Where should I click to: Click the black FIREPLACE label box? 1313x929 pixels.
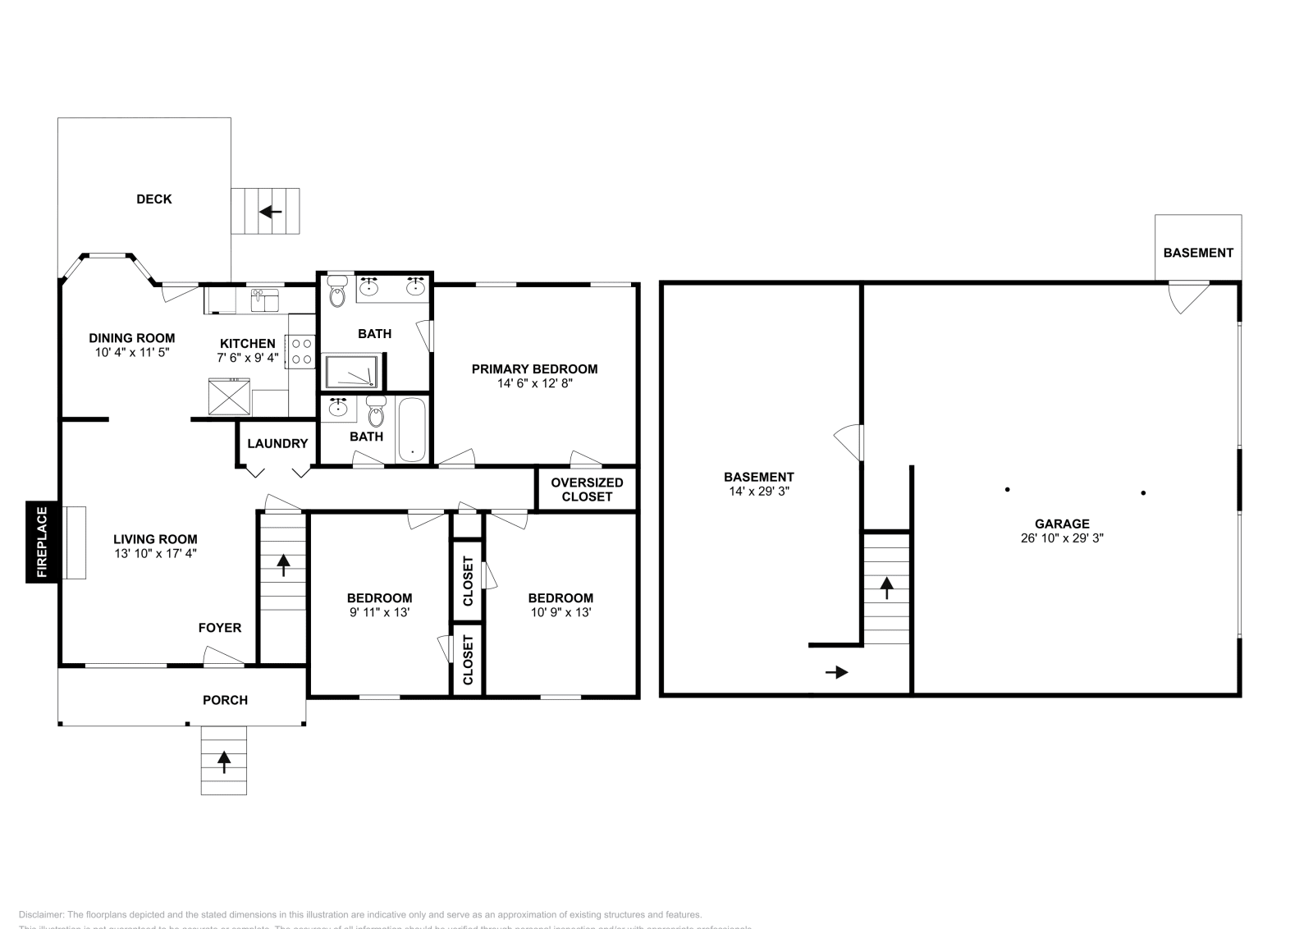click(x=42, y=542)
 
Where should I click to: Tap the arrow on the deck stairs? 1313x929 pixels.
click(x=270, y=212)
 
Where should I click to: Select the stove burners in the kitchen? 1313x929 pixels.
click(x=301, y=351)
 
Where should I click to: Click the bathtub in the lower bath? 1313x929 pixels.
click(x=412, y=429)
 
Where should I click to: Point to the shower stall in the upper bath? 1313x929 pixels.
click(x=352, y=371)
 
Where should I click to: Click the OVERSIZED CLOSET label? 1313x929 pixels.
click(x=587, y=489)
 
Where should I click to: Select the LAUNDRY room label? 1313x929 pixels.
click(x=277, y=443)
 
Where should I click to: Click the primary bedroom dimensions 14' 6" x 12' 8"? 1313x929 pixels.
click(x=534, y=383)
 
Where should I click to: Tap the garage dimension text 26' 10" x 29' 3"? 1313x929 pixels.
click(x=1062, y=538)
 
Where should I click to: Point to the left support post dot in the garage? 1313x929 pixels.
click(x=1008, y=490)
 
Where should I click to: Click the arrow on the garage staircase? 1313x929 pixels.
click(x=886, y=588)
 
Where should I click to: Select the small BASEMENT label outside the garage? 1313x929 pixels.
click(x=1197, y=253)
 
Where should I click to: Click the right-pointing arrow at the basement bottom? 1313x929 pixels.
click(x=836, y=673)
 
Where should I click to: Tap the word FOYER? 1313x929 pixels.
click(x=220, y=628)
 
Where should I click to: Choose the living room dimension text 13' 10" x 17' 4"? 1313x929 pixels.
click(x=155, y=554)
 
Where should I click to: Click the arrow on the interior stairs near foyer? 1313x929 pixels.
click(x=283, y=565)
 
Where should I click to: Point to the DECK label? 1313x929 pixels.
click(x=154, y=199)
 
